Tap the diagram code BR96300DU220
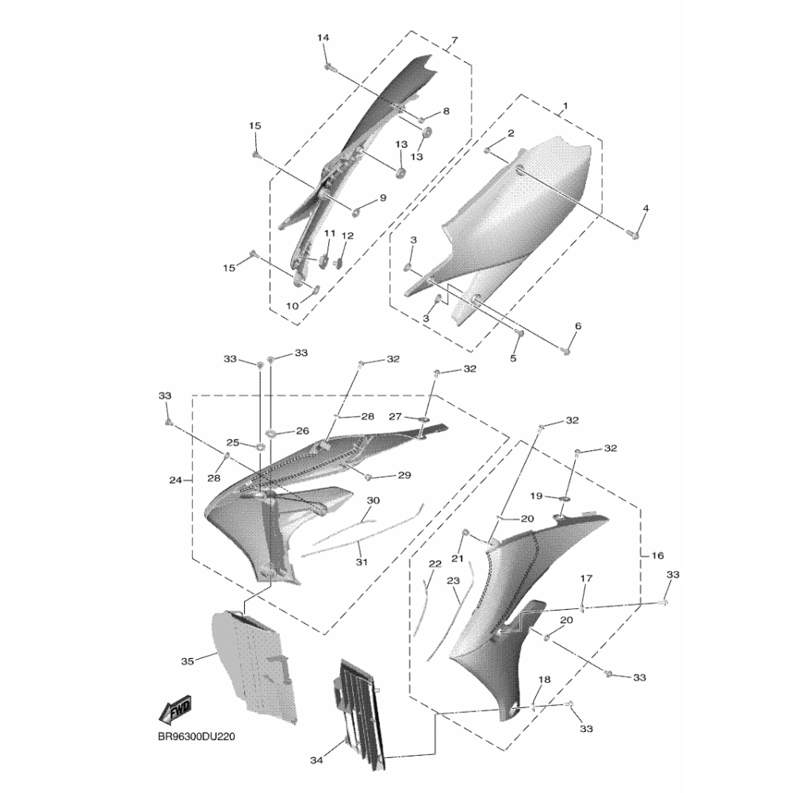click(x=197, y=737)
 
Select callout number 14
click(x=324, y=38)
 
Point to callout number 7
click(x=454, y=40)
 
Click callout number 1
click(x=565, y=106)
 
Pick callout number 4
click(x=646, y=208)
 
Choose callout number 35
click(x=187, y=661)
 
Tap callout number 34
click(x=316, y=760)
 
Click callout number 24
click(x=175, y=480)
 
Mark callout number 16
click(x=657, y=555)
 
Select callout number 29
click(x=404, y=475)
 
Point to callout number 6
click(x=578, y=326)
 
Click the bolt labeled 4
click(x=633, y=234)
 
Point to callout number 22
click(x=435, y=563)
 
